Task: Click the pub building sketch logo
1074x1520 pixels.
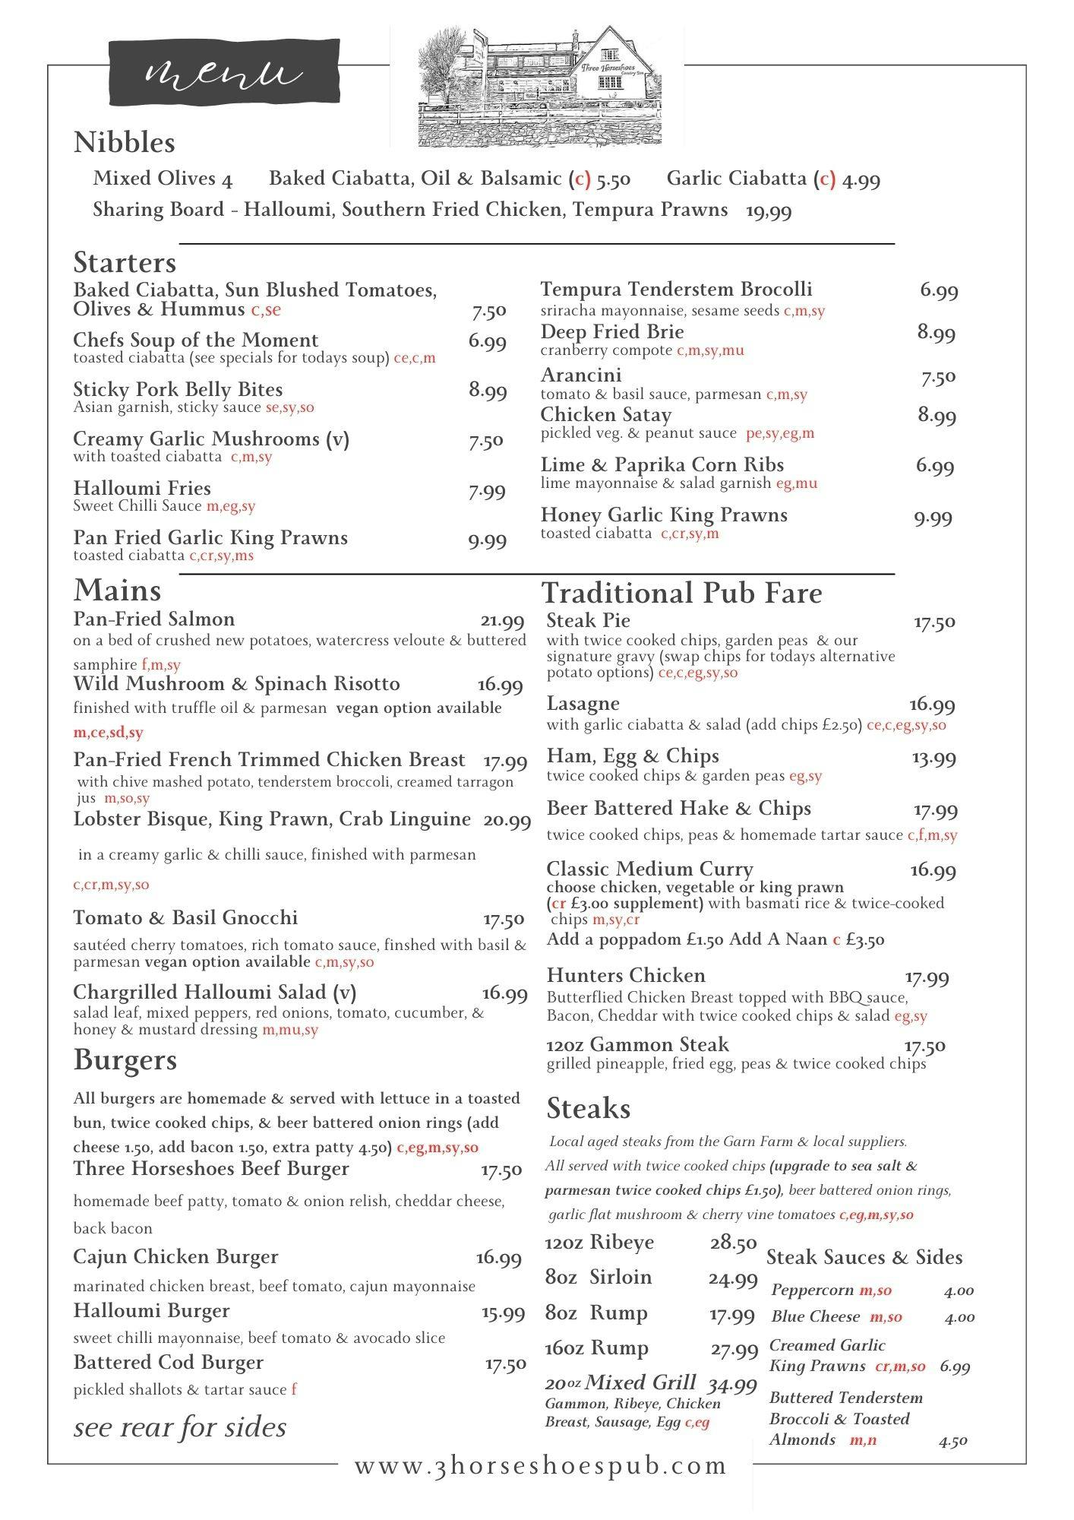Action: (539, 87)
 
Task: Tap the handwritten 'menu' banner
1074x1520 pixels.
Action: (223, 72)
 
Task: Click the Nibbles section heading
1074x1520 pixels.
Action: (125, 143)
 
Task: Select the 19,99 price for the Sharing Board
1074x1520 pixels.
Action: (769, 211)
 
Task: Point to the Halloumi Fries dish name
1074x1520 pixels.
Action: (142, 489)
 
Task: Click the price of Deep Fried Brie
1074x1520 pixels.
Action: (936, 333)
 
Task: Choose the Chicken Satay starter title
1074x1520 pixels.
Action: (606, 415)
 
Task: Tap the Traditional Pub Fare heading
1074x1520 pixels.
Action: (681, 594)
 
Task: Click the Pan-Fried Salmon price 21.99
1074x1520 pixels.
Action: (502, 622)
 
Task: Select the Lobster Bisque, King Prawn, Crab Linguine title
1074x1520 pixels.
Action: (272, 819)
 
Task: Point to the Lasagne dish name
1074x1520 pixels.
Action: (583, 704)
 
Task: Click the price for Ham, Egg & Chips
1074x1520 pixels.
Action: (933, 758)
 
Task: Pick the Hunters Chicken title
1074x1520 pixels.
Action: (626, 976)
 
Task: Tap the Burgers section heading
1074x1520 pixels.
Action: (125, 1061)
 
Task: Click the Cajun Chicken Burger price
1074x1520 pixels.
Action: (498, 1259)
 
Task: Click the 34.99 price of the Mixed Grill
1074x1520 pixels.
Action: (732, 1385)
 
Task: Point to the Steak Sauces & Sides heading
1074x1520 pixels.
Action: (864, 1258)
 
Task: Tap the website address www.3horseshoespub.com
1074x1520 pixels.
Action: (541, 1466)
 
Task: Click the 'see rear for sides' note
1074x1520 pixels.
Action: (180, 1428)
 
